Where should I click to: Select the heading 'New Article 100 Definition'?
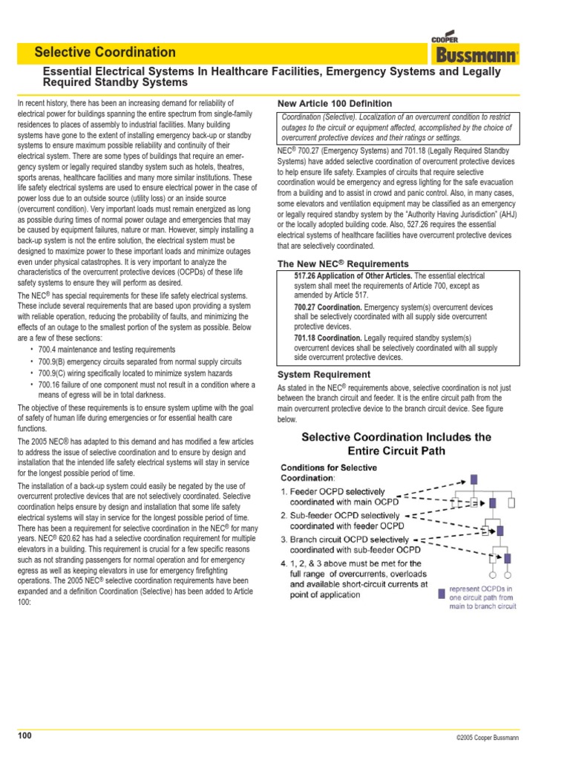[x=334, y=103]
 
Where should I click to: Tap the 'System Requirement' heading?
[x=323, y=374]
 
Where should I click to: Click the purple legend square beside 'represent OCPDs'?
[x=442, y=593]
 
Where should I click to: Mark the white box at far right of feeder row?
[x=511, y=503]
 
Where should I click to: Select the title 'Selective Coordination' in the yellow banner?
[x=105, y=52]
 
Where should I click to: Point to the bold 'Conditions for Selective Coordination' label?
[x=328, y=473]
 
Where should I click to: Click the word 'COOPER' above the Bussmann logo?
[x=445, y=39]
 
